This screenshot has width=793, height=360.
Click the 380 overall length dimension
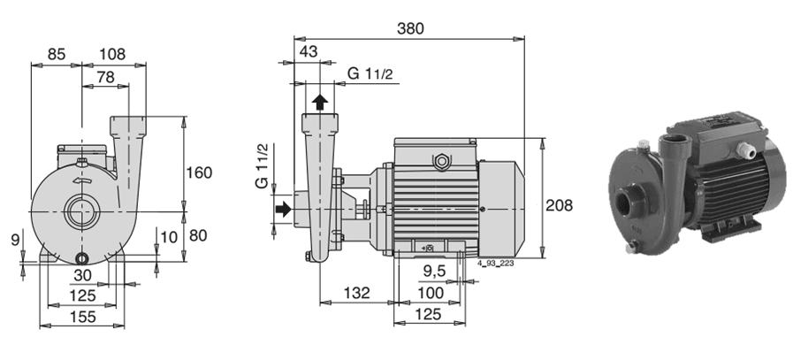tap(410, 28)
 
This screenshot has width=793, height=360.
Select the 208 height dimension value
tap(560, 205)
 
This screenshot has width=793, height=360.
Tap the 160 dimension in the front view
tap(199, 172)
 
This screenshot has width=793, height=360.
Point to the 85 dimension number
tap(56, 54)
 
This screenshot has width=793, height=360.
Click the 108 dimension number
tap(111, 54)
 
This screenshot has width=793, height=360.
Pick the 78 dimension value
tap(105, 77)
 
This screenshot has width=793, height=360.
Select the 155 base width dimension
tap(82, 317)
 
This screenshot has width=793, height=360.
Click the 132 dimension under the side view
tap(356, 293)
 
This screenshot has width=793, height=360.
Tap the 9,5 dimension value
tap(434, 272)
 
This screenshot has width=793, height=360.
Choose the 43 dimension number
tap(309, 51)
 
